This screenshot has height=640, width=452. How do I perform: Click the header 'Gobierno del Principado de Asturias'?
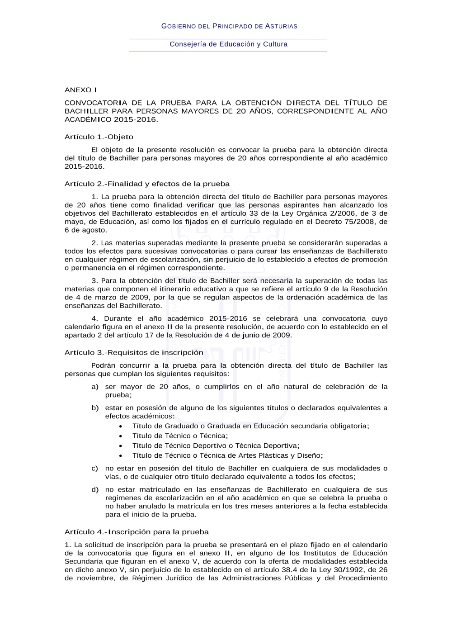tap(229, 26)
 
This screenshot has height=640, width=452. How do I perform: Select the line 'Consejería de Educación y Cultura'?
tap(228, 44)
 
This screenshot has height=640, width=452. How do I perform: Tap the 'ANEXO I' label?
tap(80, 90)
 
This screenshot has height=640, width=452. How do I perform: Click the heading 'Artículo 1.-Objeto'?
tap(99, 137)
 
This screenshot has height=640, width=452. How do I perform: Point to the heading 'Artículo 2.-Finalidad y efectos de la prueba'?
tap(147, 184)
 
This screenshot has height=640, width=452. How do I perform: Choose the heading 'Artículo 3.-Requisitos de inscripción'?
tap(134, 353)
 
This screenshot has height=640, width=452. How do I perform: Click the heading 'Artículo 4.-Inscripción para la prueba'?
tap(137, 532)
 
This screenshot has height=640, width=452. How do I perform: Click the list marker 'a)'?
tap(95, 387)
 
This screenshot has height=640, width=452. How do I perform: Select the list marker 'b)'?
tap(95, 408)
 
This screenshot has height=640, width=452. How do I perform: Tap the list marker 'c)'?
tap(95, 469)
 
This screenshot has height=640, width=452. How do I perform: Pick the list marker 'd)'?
tap(95, 490)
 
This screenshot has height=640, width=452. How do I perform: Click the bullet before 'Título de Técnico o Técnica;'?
tap(121, 436)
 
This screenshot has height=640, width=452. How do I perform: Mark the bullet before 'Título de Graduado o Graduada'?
tap(121, 427)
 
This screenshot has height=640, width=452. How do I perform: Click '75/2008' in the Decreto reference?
tap(352, 222)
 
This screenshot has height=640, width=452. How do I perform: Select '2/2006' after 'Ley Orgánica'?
tap(339, 213)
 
